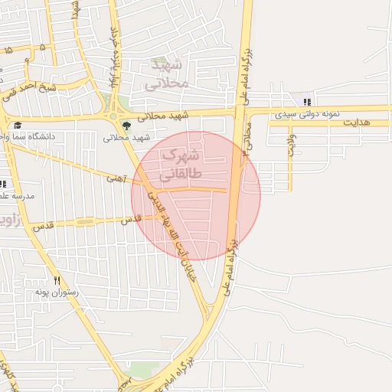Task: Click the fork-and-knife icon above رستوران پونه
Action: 56,281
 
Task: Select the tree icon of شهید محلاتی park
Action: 125,126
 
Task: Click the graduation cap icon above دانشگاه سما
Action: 17,126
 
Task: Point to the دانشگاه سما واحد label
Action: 31,136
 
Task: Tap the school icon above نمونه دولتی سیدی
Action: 307,102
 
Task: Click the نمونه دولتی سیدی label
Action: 307,113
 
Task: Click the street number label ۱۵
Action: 8,51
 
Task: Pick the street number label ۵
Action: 42,47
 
